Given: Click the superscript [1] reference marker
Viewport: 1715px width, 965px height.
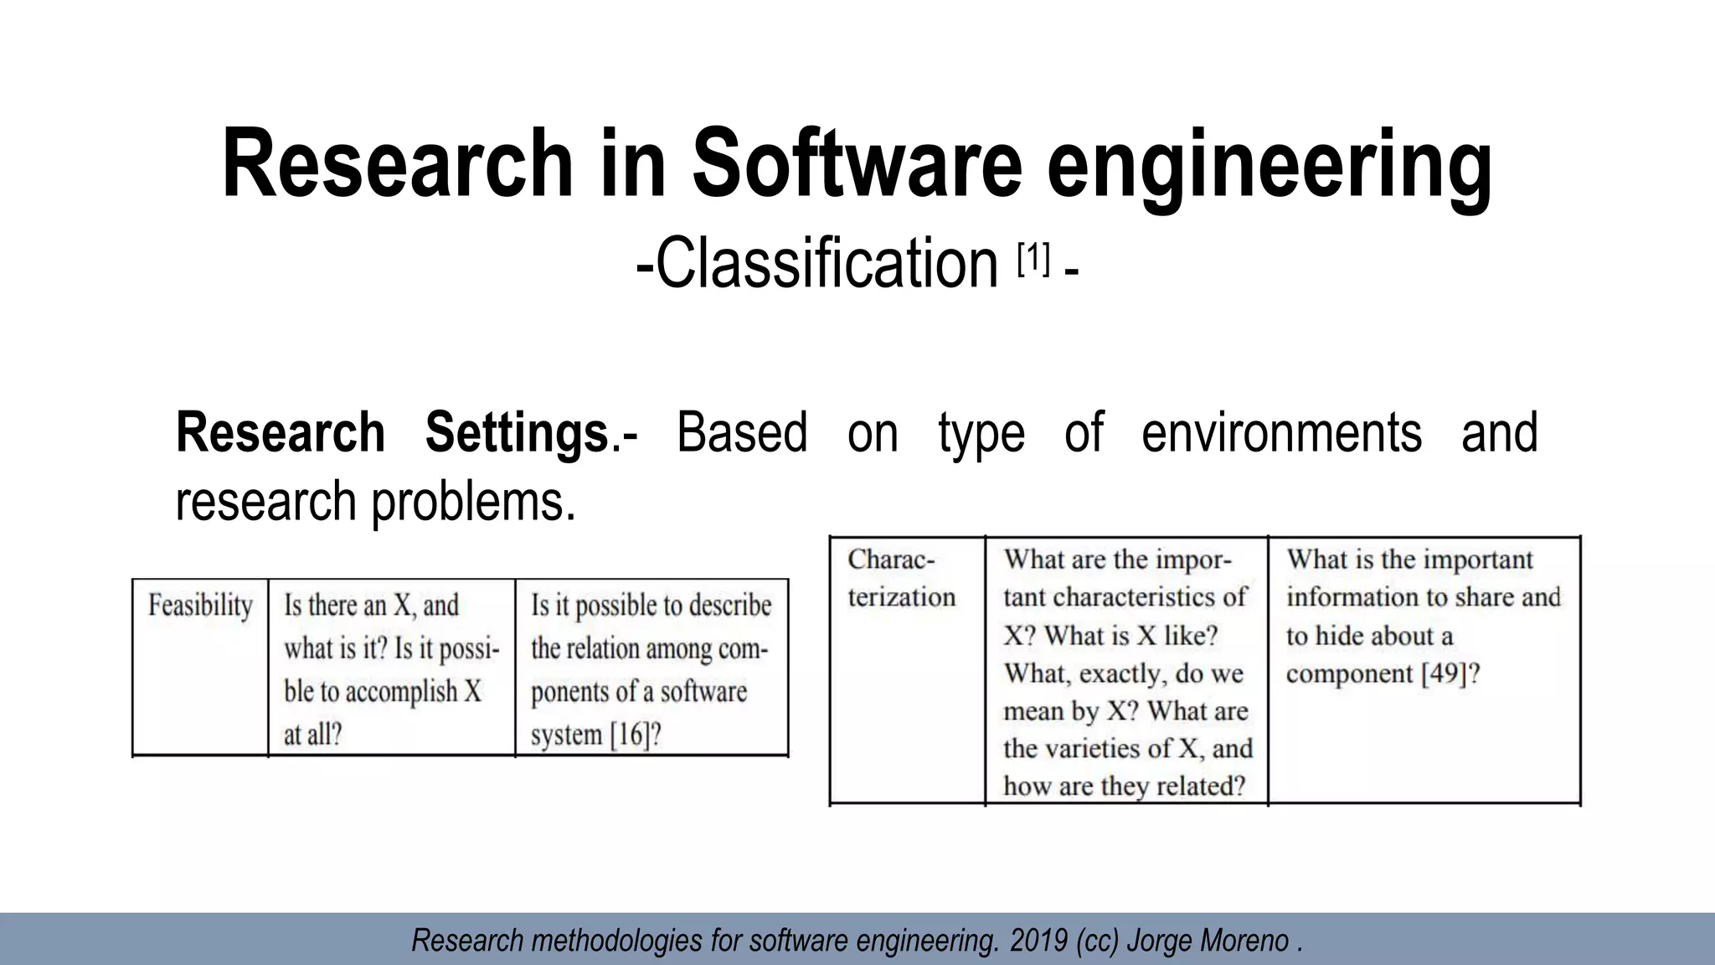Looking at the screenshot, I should (x=1033, y=260).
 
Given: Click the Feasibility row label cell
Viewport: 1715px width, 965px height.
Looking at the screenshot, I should (x=200, y=606).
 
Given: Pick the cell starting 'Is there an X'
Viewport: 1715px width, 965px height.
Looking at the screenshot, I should (x=391, y=668).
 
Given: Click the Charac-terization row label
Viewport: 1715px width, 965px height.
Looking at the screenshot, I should (x=901, y=578).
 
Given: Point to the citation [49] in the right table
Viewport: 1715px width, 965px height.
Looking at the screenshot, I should (x=1441, y=673).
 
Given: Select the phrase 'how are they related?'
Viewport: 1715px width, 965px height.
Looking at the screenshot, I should (x=1124, y=786).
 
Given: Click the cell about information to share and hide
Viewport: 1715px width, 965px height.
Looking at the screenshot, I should (x=1423, y=617).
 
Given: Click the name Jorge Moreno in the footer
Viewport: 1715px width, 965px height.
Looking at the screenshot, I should (x=1206, y=941).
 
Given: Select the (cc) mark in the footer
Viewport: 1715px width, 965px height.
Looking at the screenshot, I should (x=1098, y=941).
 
